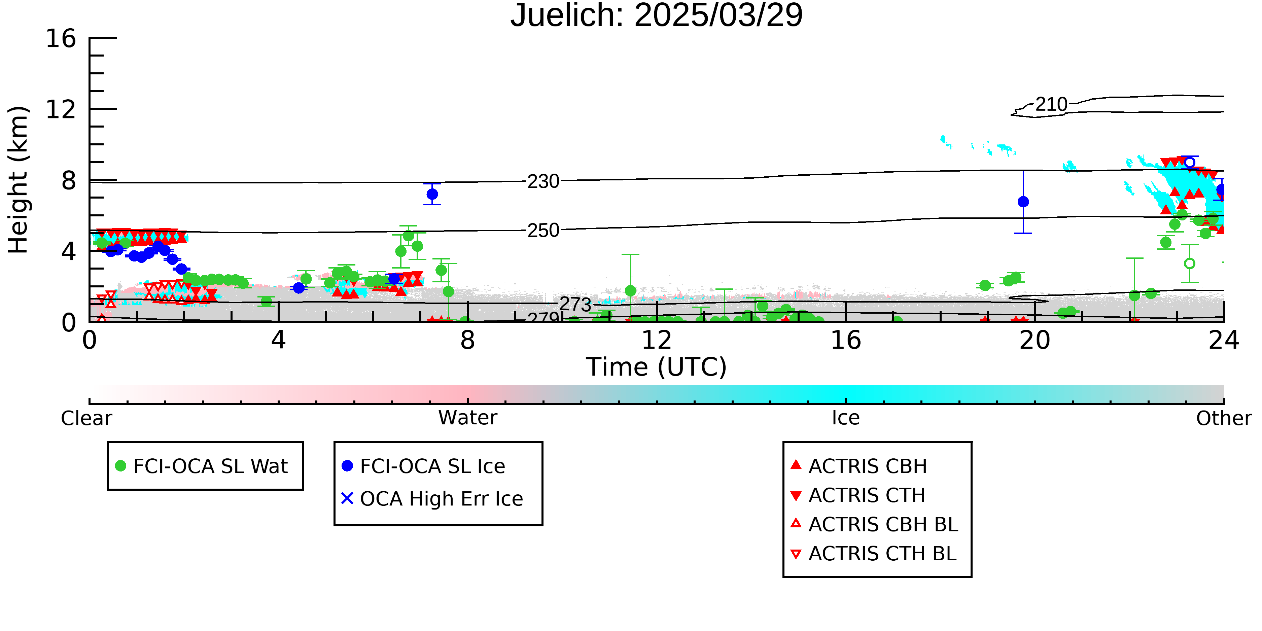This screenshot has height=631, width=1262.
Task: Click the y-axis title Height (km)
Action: [x=18, y=180]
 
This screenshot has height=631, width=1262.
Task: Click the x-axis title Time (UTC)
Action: [x=657, y=367]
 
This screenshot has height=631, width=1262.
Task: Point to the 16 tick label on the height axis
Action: [x=61, y=38]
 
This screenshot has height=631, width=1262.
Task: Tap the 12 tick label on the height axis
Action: [x=61, y=109]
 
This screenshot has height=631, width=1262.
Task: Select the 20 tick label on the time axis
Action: [x=1035, y=340]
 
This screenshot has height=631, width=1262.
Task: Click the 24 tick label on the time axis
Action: [x=1224, y=340]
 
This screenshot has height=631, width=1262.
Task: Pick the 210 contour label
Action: [x=1051, y=104]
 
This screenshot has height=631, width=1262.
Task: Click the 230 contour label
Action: [x=543, y=181]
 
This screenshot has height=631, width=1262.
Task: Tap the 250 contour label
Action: [x=543, y=230]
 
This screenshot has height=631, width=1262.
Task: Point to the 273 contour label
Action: [x=576, y=304]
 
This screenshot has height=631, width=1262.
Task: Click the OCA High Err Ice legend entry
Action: [x=432, y=499]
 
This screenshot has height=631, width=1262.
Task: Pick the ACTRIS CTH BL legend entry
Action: [x=874, y=554]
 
